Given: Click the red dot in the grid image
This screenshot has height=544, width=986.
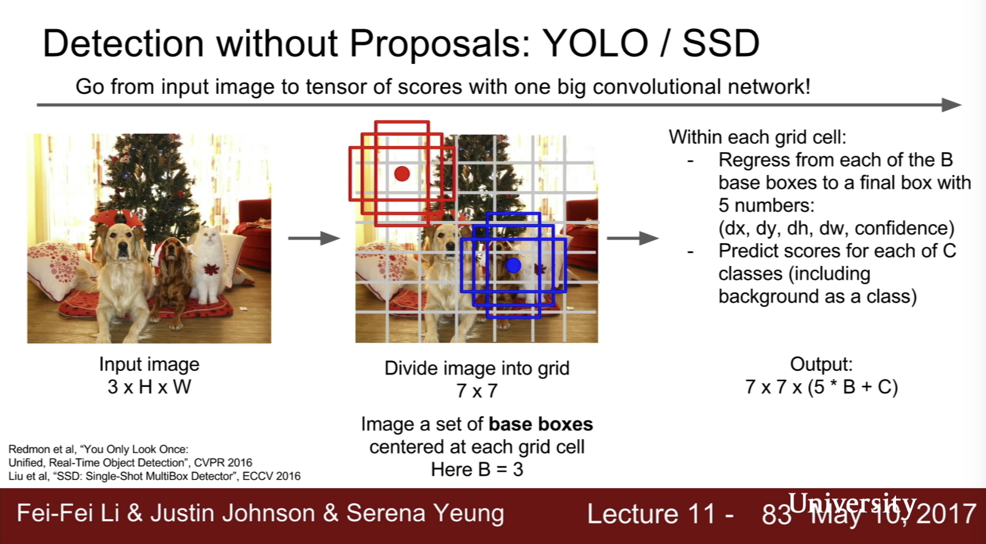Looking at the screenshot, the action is click(402, 174).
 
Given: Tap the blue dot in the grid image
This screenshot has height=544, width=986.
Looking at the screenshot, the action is click(513, 265).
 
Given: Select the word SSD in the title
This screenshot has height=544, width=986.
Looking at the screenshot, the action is click(721, 43).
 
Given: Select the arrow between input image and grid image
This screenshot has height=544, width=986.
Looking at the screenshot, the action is click(314, 238).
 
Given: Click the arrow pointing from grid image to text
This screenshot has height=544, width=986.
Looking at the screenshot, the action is click(633, 238).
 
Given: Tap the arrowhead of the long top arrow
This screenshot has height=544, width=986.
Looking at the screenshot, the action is click(951, 105).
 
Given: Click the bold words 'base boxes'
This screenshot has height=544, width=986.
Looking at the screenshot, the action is click(540, 424).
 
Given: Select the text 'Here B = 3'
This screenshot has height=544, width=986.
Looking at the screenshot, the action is click(477, 470).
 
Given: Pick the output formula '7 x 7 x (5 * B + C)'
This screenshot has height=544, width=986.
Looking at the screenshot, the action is click(822, 387).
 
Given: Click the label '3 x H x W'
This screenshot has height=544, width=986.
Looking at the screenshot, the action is click(149, 387).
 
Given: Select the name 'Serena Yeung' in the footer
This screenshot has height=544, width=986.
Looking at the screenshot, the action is click(425, 513).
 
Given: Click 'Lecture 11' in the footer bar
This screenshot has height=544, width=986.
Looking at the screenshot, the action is click(652, 514).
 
